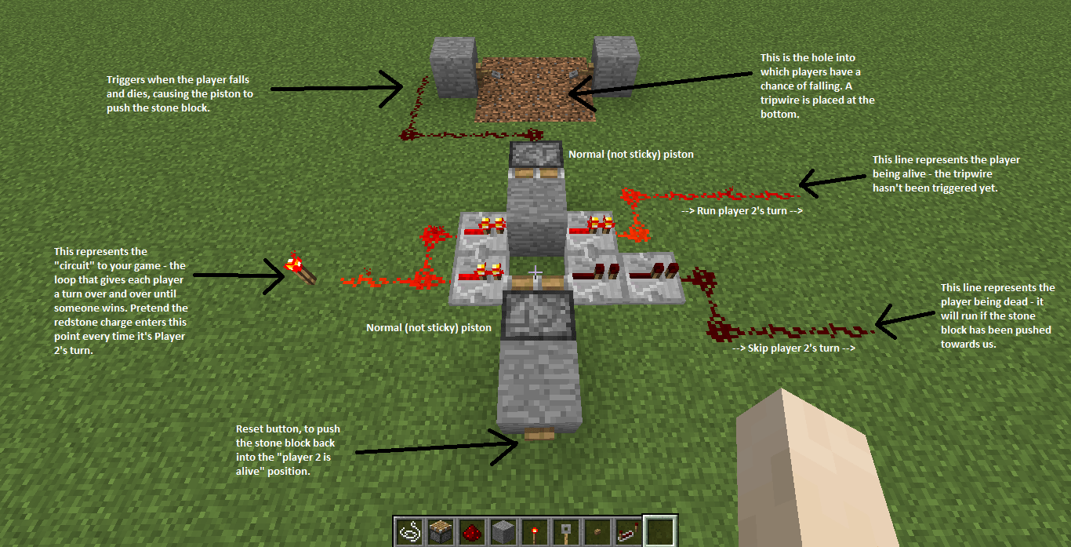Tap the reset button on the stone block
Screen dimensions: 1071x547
tap(539, 434)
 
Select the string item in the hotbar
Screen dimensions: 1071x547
tap(407, 531)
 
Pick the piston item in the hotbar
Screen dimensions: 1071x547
tap(439, 531)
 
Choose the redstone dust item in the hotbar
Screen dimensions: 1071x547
tap(470, 532)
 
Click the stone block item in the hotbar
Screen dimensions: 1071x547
tap(502, 531)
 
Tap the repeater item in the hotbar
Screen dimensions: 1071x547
tap(627, 532)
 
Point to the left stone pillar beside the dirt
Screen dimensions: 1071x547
tap(454, 68)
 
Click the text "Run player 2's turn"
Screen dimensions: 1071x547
tap(742, 211)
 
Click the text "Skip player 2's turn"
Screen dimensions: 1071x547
tap(793, 348)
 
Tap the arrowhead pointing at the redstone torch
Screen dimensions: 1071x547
tap(278, 275)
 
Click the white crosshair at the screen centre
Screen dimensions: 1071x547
tap(535, 273)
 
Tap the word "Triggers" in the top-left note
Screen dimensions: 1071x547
tap(125, 80)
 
